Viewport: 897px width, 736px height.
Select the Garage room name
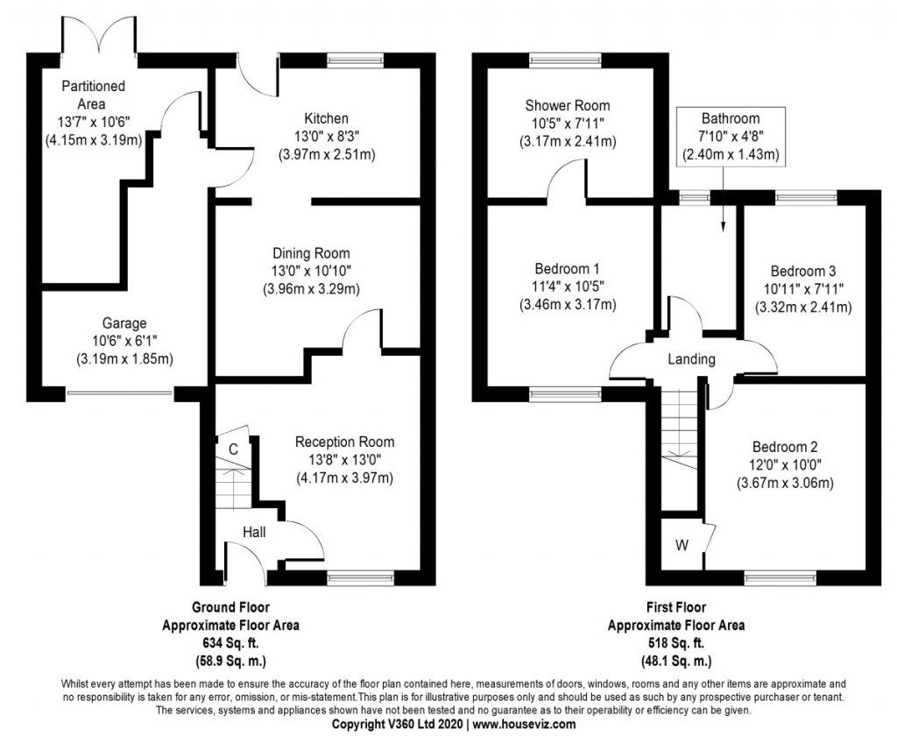click(124, 323)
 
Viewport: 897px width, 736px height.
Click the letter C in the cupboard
click(233, 449)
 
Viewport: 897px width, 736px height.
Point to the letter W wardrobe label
click(681, 545)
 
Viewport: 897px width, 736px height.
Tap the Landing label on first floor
click(691, 359)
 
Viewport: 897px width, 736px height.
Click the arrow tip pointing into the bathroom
click(723, 230)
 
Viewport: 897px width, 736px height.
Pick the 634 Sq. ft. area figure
click(231, 643)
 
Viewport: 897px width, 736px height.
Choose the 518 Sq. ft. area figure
click(676, 643)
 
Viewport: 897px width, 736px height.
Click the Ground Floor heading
click(230, 607)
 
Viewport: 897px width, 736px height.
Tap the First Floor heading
click(675, 607)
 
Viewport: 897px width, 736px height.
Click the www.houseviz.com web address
click(524, 725)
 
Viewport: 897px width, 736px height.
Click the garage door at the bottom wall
click(121, 393)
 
